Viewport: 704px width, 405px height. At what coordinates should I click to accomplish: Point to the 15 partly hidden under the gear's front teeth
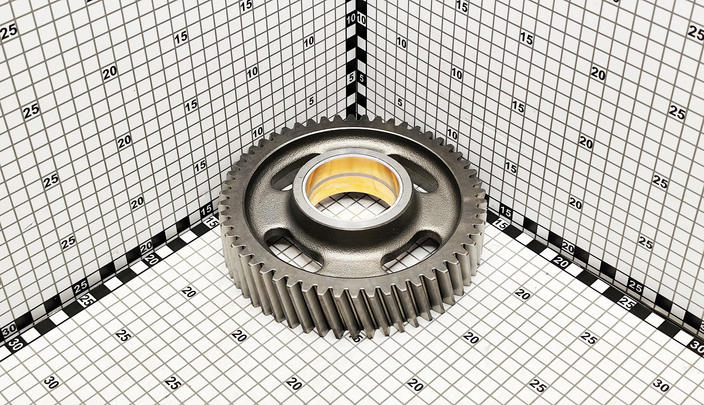tap(356, 338)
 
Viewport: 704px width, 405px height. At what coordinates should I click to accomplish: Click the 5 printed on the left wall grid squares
tap(311, 101)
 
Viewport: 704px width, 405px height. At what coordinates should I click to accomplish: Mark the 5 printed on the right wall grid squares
tap(400, 102)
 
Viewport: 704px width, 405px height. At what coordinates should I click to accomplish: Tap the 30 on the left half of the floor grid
tap(51, 383)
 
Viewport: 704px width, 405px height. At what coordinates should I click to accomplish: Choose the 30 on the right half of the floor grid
tap(661, 385)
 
